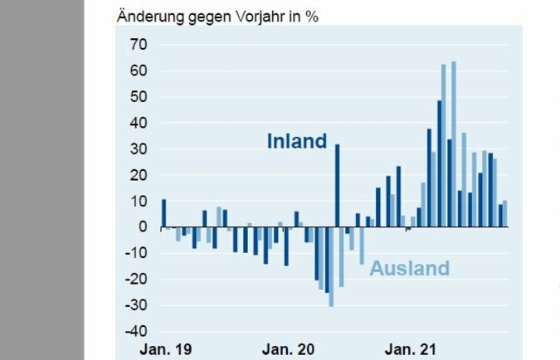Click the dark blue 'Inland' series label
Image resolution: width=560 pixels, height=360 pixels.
296,142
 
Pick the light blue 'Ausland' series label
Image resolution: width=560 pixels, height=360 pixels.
409,269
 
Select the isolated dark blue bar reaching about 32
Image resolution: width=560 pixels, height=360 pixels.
338,185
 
